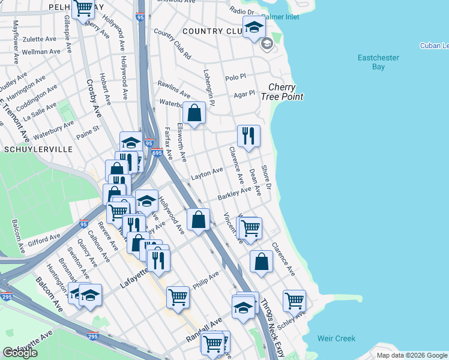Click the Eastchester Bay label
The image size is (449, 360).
(379, 62)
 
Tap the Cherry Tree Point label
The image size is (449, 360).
(282, 92)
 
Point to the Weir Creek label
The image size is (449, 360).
(337, 339)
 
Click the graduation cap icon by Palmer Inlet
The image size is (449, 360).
(254, 27)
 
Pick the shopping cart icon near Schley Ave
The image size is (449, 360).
(294, 300)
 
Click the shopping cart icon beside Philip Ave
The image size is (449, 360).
(178, 296)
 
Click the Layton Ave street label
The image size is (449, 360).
(206, 174)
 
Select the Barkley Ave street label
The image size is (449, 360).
(234, 193)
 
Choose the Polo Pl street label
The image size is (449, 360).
(235, 77)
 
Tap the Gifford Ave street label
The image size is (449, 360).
(44, 241)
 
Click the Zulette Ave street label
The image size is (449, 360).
(39, 39)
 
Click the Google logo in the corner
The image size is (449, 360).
(20, 353)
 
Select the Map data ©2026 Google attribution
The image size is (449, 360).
(411, 355)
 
